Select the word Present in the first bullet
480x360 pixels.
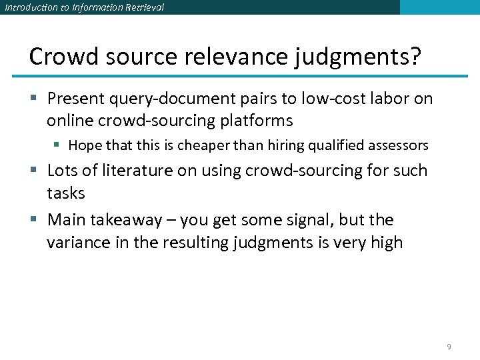tap(74, 99)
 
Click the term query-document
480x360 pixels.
tap(163, 99)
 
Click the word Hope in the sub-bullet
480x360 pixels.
tap(84, 145)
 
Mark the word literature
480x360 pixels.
tap(133, 171)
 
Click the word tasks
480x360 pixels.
tap(66, 193)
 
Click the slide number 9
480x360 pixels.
tap(449, 347)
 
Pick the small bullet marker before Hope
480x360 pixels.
tap(59, 145)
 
